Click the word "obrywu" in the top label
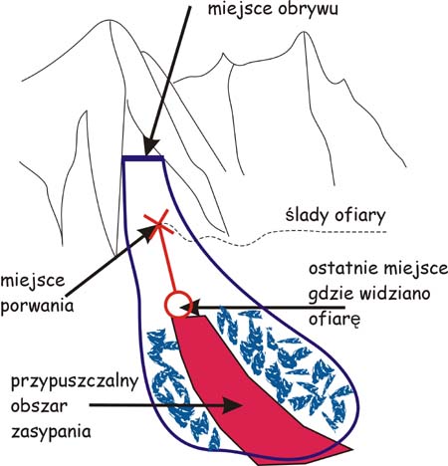click(308, 9)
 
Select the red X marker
click(158, 224)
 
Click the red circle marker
click(178, 305)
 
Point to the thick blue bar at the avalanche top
click(143, 158)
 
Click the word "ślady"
click(307, 215)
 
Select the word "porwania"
click(37, 306)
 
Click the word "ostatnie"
click(342, 269)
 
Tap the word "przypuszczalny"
click(75, 381)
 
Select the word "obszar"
click(39, 405)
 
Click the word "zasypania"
click(51, 432)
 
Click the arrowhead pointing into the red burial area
click(233, 405)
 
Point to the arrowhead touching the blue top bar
click(151, 146)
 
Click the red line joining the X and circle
click(166, 258)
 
